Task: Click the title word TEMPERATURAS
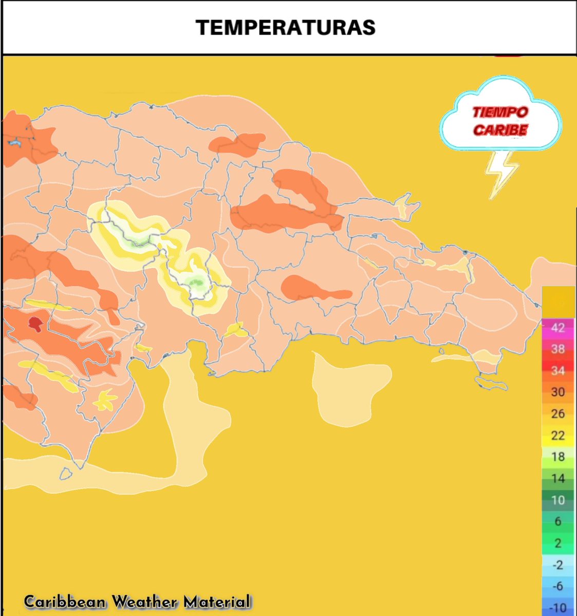[286, 27]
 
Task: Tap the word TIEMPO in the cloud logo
[500, 112]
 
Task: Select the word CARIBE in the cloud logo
[500, 130]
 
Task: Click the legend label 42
[557, 328]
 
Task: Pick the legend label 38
[557, 349]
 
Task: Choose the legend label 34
[557, 371]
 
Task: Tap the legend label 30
[557, 392]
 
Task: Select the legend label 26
[557, 414]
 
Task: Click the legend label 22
[557, 435]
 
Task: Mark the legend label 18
[557, 457]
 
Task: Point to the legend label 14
[557, 478]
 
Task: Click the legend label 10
[557, 500]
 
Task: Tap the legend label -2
[557, 565]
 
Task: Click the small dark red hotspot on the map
[35, 323]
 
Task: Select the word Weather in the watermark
[145, 602]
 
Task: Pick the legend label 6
[557, 522]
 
